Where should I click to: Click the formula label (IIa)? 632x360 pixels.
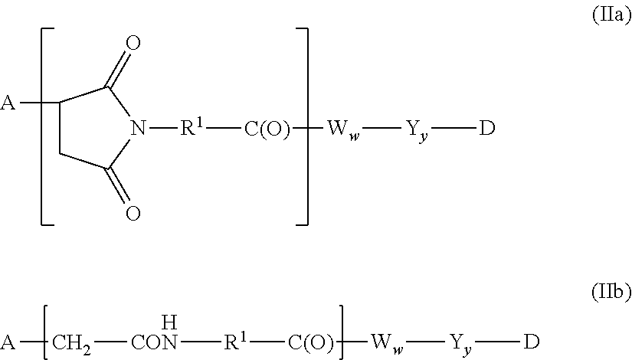pos(611,15)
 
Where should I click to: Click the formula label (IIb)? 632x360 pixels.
pos(611,292)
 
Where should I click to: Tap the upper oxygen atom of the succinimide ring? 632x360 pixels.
pos(133,43)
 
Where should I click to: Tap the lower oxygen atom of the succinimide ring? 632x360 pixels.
pos(133,213)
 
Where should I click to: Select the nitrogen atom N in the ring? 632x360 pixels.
pos(138,128)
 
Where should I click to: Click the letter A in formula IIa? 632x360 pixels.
pos(8,103)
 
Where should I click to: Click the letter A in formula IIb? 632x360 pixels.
pos(8,342)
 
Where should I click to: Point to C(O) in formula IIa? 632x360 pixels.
pos(267,129)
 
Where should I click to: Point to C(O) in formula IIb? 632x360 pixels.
pos(311,342)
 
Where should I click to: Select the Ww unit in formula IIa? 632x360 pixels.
pos(343,129)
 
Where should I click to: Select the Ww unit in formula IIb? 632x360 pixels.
pos(387,344)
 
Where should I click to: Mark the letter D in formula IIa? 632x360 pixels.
pos(487,128)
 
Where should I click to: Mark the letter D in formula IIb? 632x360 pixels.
pos(531,342)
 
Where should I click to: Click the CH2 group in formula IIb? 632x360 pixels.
pos(71,344)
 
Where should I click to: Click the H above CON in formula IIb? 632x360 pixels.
pos(169,322)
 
